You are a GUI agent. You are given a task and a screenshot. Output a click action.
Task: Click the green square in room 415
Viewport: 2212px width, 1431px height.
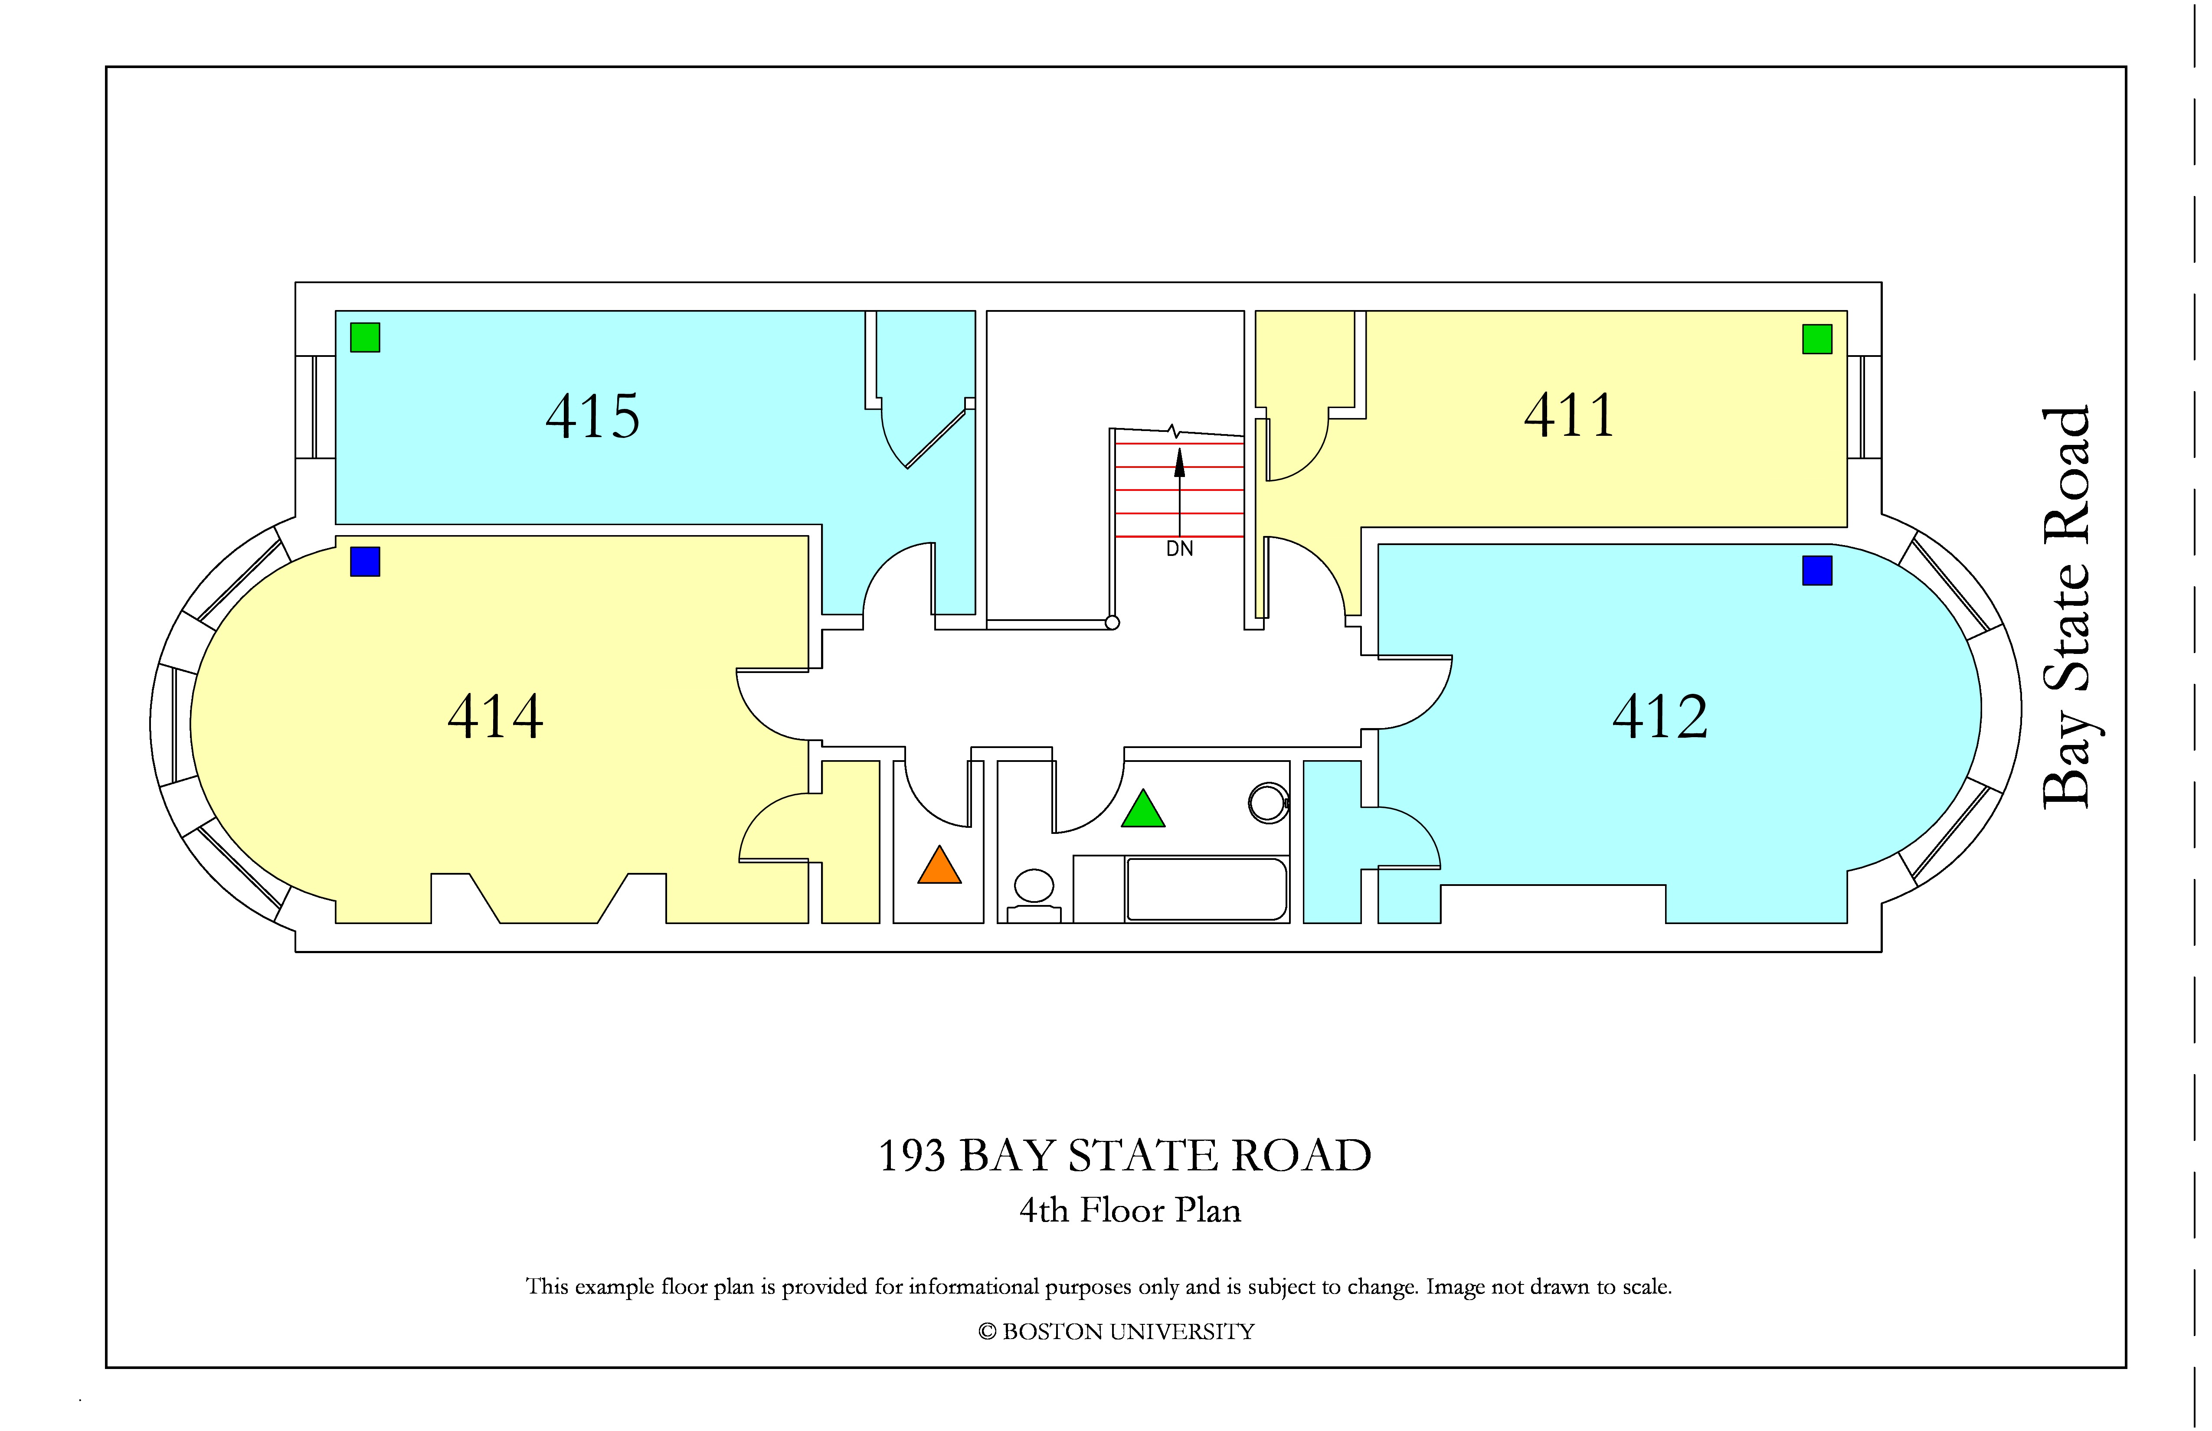pyautogui.click(x=365, y=337)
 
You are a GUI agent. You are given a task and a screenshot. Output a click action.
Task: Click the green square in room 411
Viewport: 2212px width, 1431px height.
pyautogui.click(x=1817, y=339)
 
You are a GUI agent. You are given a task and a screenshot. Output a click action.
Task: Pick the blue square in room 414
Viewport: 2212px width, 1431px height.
pyautogui.click(x=365, y=561)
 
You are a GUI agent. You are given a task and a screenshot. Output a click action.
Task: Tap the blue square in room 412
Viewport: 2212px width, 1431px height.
pyautogui.click(x=1817, y=571)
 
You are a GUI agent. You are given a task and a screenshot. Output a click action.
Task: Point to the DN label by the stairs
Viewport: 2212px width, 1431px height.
pyautogui.click(x=1179, y=549)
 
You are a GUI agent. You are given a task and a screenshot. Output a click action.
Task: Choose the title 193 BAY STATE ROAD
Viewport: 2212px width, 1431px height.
pyautogui.click(x=1125, y=1156)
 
